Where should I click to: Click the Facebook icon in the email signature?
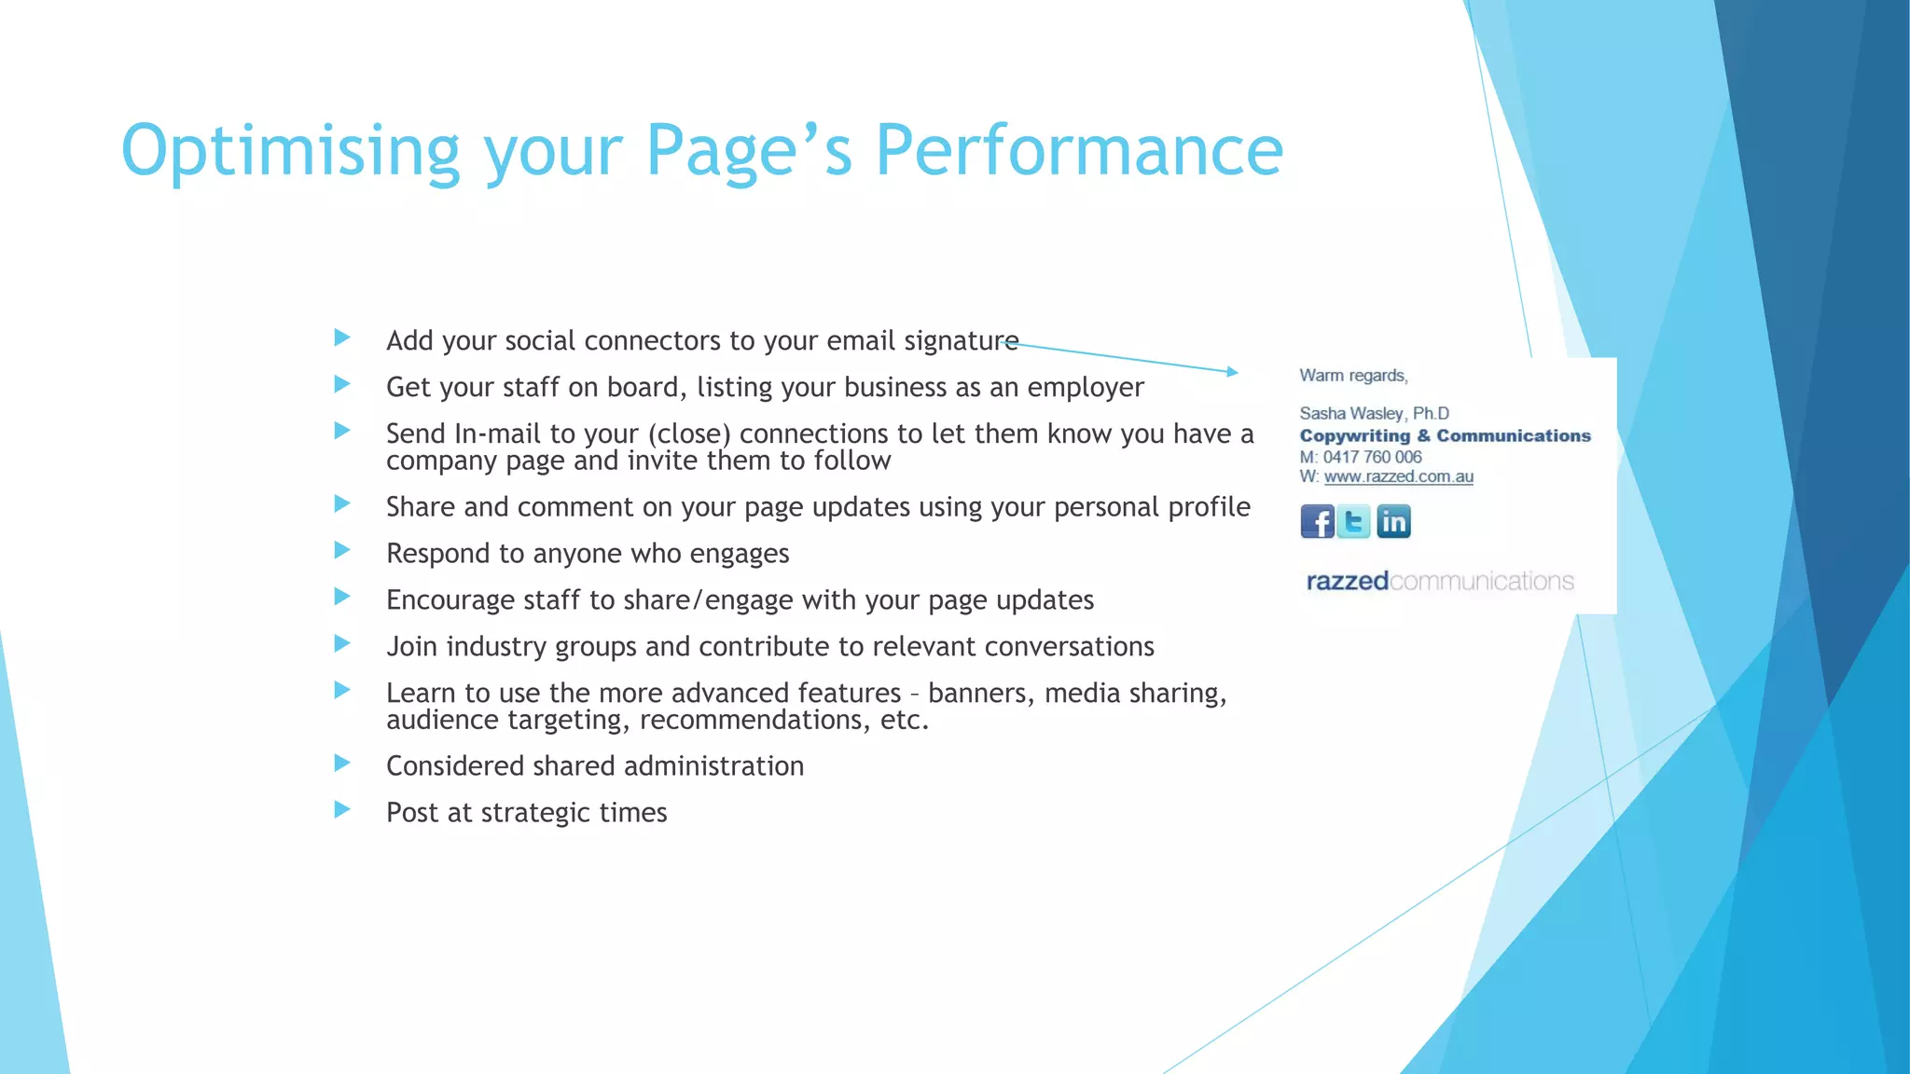pyautogui.click(x=1317, y=521)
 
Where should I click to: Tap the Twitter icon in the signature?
pyautogui.click(x=1354, y=521)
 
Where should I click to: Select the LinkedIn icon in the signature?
pyautogui.click(x=1393, y=521)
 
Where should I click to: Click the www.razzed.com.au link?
pyautogui.click(x=1398, y=476)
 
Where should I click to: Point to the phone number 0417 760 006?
pyautogui.click(x=1372, y=457)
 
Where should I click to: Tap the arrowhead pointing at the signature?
pyautogui.click(x=1233, y=371)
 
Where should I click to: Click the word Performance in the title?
pyautogui.click(x=1079, y=150)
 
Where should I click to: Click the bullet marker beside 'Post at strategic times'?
pyautogui.click(x=342, y=809)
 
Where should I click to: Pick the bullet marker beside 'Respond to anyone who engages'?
pyautogui.click(x=342, y=550)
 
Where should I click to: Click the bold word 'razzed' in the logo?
pyautogui.click(x=1347, y=581)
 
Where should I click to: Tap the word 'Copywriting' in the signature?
pyautogui.click(x=1354, y=435)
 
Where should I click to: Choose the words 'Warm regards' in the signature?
pyautogui.click(x=1353, y=375)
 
